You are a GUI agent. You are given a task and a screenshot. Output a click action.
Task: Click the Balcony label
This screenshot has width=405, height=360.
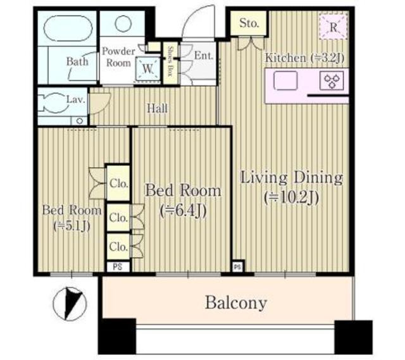tap(235, 302)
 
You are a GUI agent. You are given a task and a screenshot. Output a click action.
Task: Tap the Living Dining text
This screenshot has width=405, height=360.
tap(291, 177)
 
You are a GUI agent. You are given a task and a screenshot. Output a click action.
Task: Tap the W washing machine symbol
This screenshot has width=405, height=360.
tap(149, 66)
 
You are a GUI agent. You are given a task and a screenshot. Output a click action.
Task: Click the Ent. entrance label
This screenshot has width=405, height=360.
tap(203, 56)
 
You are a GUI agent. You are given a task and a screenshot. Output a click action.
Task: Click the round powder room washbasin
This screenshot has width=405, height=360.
tap(123, 24)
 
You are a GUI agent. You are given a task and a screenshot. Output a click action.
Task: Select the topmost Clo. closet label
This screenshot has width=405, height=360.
tap(118, 184)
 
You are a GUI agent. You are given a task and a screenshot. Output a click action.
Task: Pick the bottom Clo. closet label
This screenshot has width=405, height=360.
tap(118, 245)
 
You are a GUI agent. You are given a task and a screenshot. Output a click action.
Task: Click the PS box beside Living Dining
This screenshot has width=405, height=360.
tap(237, 266)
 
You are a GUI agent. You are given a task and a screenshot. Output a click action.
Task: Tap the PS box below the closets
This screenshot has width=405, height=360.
tap(118, 266)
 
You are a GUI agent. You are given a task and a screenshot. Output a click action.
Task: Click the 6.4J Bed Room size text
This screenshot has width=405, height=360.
tap(183, 209)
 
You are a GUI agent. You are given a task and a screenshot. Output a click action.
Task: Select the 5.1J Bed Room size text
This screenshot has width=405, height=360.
tap(71, 227)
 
